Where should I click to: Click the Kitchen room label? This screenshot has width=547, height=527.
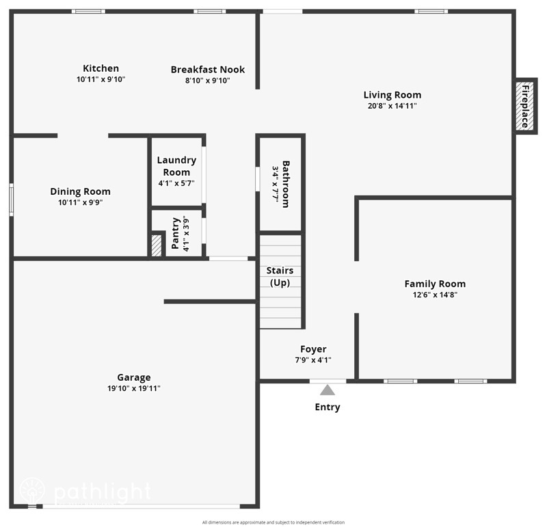pyautogui.click(x=101, y=68)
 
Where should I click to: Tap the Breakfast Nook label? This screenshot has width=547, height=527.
pyautogui.click(x=207, y=70)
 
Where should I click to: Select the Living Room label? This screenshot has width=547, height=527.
pyautogui.click(x=392, y=95)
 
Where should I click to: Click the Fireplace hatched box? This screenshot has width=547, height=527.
pyautogui.click(x=525, y=105)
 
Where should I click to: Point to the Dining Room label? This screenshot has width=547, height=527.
pyautogui.click(x=80, y=192)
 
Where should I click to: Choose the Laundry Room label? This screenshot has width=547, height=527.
pyautogui.click(x=176, y=166)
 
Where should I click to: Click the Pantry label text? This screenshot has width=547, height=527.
pyautogui.click(x=176, y=233)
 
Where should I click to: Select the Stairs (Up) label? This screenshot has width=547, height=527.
pyautogui.click(x=280, y=276)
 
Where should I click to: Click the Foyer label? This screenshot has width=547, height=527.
pyautogui.click(x=313, y=349)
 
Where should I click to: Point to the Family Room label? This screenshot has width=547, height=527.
pyautogui.click(x=435, y=284)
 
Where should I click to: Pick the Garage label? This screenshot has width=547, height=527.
pyautogui.click(x=134, y=377)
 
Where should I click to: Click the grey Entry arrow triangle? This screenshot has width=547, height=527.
pyautogui.click(x=328, y=390)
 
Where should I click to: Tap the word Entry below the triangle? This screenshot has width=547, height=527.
pyautogui.click(x=327, y=407)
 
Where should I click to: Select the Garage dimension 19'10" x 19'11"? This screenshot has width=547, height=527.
pyautogui.click(x=134, y=388)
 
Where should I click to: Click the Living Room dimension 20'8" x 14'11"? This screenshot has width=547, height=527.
pyautogui.click(x=392, y=106)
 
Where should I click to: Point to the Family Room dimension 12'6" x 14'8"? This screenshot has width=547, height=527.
pyautogui.click(x=435, y=295)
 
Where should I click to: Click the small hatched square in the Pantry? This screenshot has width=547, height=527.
pyautogui.click(x=157, y=246)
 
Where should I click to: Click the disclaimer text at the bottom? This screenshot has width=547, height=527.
pyautogui.click(x=273, y=522)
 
